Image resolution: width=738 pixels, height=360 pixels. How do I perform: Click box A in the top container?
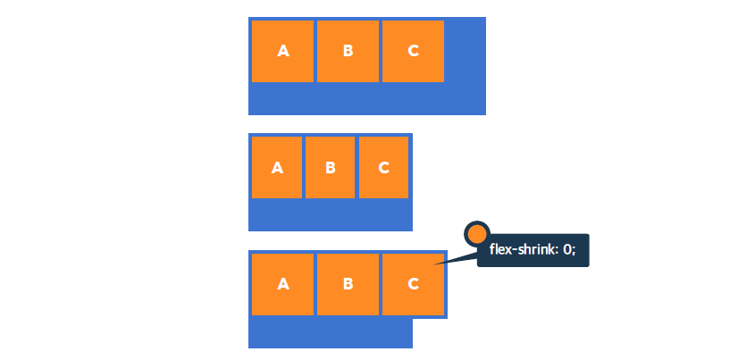(282, 51)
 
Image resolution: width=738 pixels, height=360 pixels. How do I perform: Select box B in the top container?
(348, 51)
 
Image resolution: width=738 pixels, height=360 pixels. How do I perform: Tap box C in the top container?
(413, 51)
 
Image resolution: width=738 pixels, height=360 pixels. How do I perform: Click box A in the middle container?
(277, 167)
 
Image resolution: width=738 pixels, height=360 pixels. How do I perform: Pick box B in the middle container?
(330, 167)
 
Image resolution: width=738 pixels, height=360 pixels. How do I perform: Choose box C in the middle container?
(383, 167)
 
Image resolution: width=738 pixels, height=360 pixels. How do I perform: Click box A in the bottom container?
(282, 284)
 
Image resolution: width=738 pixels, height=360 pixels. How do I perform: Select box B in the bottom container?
(348, 284)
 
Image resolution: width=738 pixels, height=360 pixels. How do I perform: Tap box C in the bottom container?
(413, 284)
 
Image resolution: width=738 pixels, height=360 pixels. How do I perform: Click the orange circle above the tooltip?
(477, 234)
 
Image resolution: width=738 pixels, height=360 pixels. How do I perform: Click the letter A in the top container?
(283, 51)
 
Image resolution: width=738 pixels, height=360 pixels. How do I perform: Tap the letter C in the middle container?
(383, 167)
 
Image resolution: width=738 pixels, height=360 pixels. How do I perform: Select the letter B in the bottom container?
(348, 284)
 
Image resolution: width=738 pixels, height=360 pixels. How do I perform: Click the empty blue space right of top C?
(465, 51)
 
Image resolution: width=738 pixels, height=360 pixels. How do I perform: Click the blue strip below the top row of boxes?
(366, 98)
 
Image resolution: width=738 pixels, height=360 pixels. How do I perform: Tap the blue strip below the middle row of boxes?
(330, 214)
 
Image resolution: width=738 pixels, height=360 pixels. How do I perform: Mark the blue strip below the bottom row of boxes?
(330, 331)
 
